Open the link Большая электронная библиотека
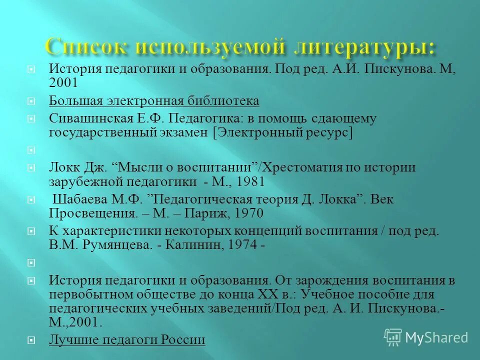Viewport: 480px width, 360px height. coord(154,101)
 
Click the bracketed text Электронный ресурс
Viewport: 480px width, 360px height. coord(282,132)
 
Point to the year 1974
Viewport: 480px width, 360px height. coord(242,245)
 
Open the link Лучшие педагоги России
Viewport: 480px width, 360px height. coord(127,340)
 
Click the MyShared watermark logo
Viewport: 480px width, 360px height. coord(426,337)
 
